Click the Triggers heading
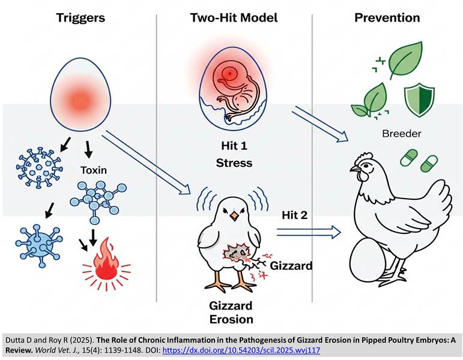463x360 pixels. (80, 17)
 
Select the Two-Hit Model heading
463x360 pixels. (234, 17)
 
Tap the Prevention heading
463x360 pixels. (387, 17)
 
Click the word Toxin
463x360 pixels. (94, 170)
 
